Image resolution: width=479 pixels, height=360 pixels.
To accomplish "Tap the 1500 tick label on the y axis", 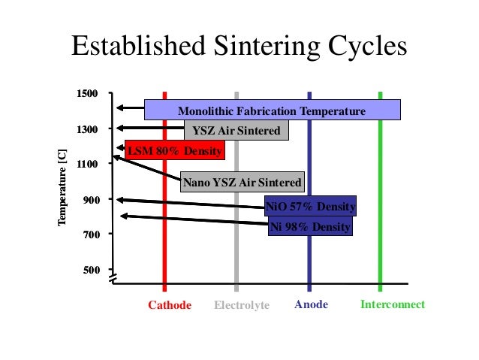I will (x=88, y=94).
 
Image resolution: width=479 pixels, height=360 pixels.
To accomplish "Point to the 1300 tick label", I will (x=88, y=129).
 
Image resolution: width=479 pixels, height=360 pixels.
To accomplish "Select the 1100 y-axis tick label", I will (x=88, y=164).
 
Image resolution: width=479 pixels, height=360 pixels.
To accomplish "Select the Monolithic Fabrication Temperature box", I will (x=272, y=110).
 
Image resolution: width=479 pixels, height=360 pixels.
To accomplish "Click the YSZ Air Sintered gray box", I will (x=236, y=131).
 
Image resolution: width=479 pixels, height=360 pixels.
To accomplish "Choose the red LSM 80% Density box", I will (x=174, y=151).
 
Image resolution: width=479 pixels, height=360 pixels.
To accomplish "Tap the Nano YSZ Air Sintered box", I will (x=242, y=182).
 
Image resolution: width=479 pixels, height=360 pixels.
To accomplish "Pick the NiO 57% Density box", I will (x=311, y=207).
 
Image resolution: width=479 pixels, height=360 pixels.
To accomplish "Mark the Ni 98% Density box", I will (x=309, y=225).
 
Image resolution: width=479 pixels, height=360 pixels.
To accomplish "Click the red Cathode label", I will (x=169, y=305).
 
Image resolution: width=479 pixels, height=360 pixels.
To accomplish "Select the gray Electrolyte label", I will (x=241, y=305).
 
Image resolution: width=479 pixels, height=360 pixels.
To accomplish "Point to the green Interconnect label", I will (x=392, y=304).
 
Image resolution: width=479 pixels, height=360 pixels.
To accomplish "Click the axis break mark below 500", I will (x=114, y=280).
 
